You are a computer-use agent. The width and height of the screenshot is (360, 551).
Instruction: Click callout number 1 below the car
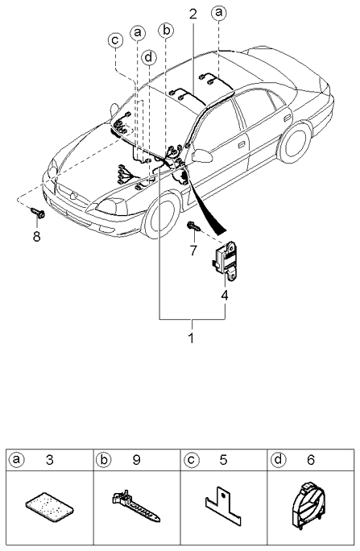point(192,338)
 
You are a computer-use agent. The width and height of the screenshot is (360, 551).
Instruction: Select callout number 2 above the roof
point(192,14)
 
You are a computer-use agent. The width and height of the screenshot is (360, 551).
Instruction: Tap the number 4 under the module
point(226,296)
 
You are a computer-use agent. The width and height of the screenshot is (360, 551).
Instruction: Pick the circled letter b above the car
point(166,31)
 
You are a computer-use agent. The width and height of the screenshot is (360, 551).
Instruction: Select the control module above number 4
point(225,261)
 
